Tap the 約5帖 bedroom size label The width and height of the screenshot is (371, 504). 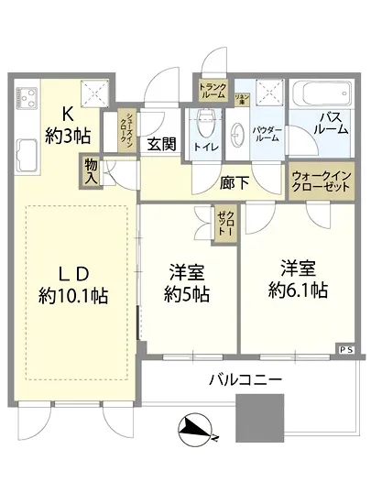click(187, 295)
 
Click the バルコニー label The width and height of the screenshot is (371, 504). click(245, 380)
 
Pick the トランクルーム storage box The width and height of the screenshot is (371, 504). click(212, 90)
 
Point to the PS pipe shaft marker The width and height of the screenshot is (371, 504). click(345, 350)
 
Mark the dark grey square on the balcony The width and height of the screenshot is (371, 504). click(260, 417)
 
